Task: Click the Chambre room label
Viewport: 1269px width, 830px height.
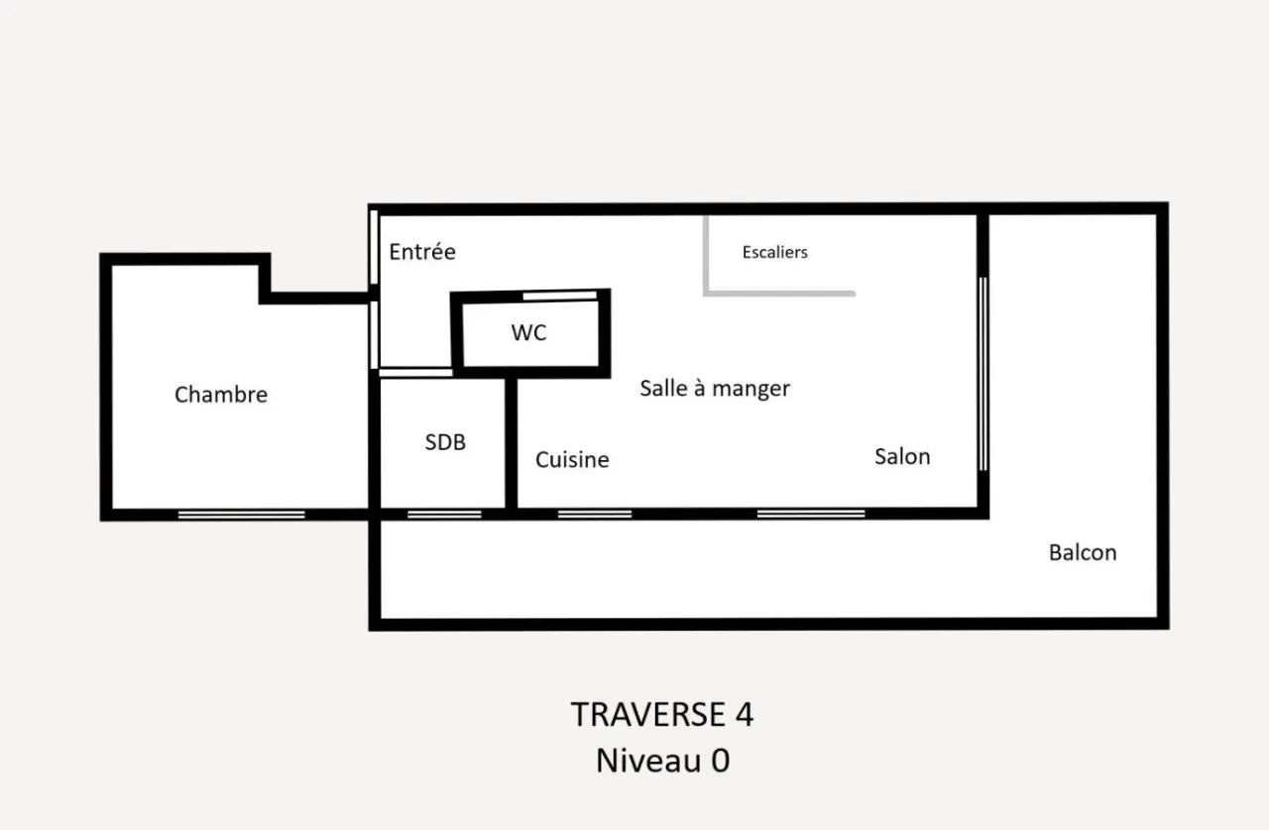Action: [x=221, y=395]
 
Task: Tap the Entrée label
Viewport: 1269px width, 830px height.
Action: [x=422, y=251]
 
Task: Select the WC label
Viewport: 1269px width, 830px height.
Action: [x=528, y=332]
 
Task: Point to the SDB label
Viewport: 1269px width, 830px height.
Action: [x=445, y=442]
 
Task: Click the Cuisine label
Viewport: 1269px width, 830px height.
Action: [x=572, y=459]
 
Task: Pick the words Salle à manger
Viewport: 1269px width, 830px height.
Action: [x=715, y=389]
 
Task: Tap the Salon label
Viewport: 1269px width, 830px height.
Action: [x=902, y=456]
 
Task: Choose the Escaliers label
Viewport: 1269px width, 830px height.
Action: [x=775, y=252]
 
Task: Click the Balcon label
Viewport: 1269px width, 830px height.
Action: [x=1083, y=552]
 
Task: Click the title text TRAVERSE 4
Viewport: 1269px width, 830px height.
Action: [x=662, y=714]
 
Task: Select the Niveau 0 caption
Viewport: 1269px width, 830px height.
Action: [x=663, y=761]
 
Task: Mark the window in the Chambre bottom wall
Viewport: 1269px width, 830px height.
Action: [x=241, y=515]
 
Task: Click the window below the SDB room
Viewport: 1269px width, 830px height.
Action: [x=444, y=515]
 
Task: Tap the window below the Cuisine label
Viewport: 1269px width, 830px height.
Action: [x=595, y=515]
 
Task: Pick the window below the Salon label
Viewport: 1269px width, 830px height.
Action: [x=811, y=514]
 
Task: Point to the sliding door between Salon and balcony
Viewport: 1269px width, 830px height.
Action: [x=983, y=374]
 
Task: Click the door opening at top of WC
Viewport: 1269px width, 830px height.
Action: [x=560, y=296]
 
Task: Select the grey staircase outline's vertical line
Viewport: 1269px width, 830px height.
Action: [x=706, y=254]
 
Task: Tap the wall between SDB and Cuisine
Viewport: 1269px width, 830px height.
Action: [x=511, y=443]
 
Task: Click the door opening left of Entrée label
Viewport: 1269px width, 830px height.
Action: [x=374, y=247]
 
